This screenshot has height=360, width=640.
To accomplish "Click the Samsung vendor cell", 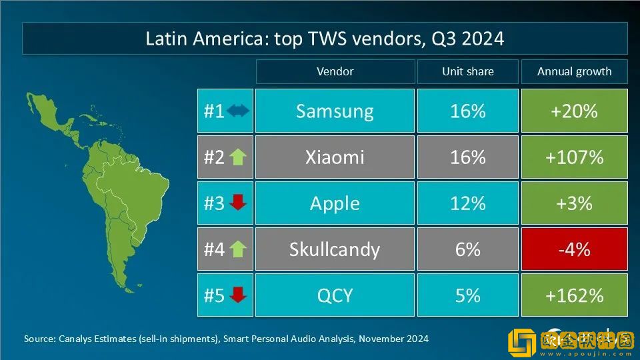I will (x=335, y=111).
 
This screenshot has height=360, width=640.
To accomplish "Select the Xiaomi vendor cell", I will (x=335, y=157).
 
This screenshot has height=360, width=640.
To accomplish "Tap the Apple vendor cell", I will (x=335, y=203).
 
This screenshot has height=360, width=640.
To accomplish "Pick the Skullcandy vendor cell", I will (x=335, y=249).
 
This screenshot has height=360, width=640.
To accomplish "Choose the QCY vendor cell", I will (x=335, y=295).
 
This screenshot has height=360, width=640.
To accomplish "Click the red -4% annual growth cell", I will (x=574, y=249).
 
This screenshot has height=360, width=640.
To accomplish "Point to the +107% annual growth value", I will (x=574, y=157).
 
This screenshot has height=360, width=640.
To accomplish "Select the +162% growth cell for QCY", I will (x=574, y=295).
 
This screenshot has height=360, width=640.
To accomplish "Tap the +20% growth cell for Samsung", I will (x=574, y=111).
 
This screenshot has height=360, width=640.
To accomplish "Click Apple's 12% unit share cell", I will (x=467, y=203).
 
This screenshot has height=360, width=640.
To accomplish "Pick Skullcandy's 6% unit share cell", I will (x=467, y=249).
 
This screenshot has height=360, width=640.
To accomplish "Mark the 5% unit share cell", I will (x=467, y=295).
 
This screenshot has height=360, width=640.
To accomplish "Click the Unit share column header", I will (x=467, y=71).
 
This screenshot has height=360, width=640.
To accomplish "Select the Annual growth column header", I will (x=574, y=71).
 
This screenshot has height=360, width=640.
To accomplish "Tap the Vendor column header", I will (x=335, y=71).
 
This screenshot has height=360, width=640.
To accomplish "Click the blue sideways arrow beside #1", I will (x=237, y=111).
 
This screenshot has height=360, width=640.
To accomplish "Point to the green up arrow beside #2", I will (x=237, y=157).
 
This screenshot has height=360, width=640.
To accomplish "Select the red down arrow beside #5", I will (x=237, y=295).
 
